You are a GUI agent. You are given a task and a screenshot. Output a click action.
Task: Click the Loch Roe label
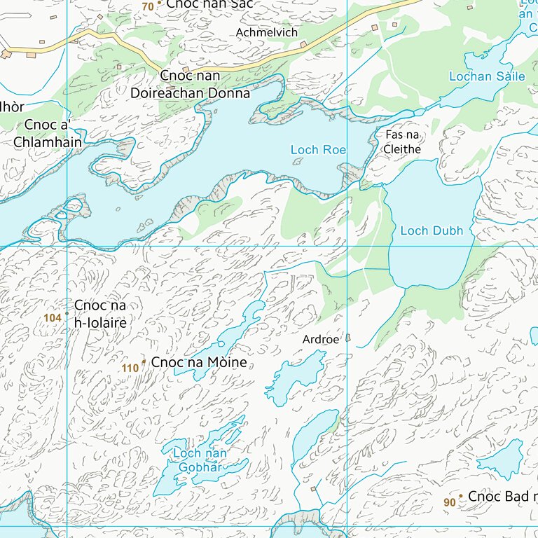click(x=318, y=149)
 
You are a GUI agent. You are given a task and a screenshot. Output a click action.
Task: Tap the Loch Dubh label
click(x=432, y=230)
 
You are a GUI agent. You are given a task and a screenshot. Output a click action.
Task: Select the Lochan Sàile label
click(x=486, y=76)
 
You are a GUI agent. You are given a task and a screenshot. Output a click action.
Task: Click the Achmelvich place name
click(x=267, y=33)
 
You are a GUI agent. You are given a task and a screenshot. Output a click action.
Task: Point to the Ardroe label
click(x=320, y=340)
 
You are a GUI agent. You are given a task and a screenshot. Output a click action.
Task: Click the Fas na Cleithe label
click(x=403, y=142)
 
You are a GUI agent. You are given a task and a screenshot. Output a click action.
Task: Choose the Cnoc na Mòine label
click(x=199, y=363)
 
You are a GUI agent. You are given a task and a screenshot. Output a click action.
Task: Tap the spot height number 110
click(x=130, y=368)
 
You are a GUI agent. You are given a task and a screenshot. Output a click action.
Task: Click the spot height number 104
click(x=52, y=318)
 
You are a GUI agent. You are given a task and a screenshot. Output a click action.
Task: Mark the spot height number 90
click(x=449, y=502)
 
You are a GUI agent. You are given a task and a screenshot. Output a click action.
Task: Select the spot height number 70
click(x=147, y=6)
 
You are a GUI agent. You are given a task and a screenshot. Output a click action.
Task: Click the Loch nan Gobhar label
click(x=200, y=460)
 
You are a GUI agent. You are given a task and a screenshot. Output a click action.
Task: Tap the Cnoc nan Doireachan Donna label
click(x=190, y=85)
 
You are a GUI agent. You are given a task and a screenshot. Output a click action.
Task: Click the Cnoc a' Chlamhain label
click(x=47, y=134)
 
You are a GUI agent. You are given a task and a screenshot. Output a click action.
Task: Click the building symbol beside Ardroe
click(x=347, y=338)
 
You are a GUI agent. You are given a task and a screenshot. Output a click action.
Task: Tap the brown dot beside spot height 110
click(x=144, y=361)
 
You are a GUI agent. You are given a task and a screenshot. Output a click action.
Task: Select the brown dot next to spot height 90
click(x=460, y=496)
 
